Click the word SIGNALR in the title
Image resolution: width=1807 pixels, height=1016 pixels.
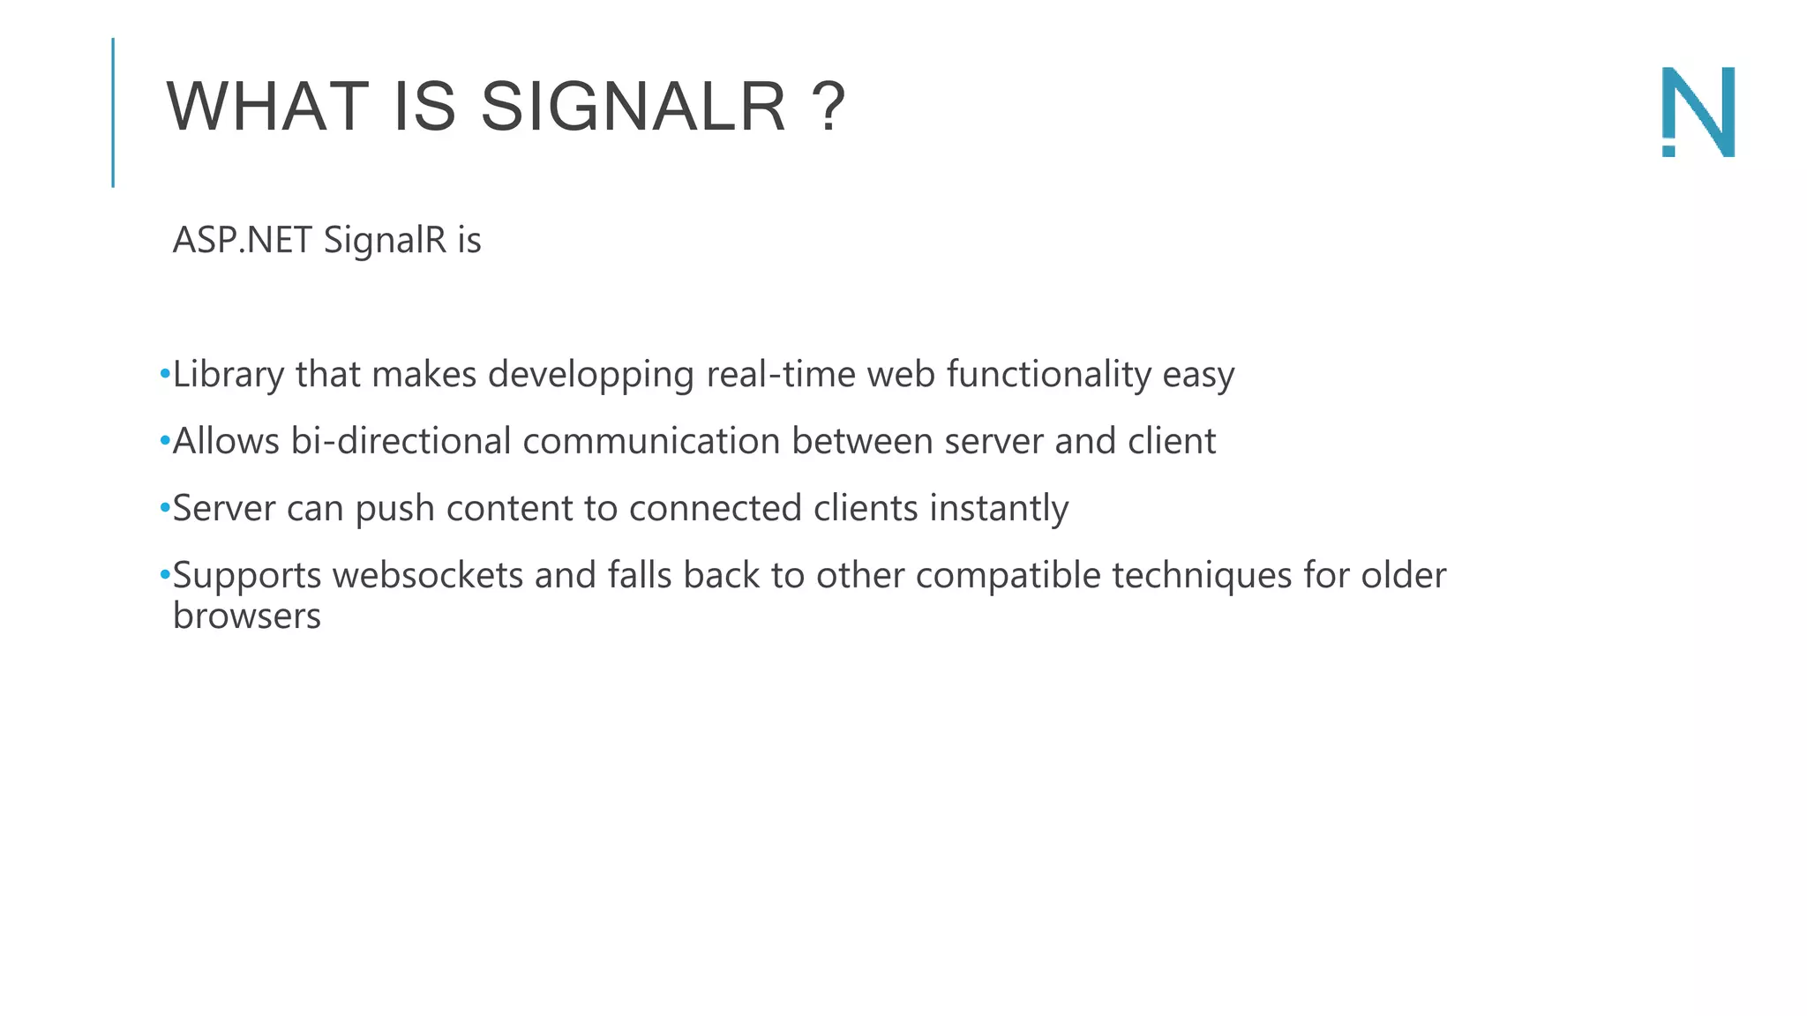click(633, 108)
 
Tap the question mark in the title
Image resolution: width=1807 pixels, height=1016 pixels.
click(829, 108)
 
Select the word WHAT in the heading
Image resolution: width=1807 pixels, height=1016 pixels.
click(267, 108)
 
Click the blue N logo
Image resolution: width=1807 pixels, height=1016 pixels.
click(1698, 112)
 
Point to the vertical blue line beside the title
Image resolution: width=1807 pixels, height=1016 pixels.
click(113, 112)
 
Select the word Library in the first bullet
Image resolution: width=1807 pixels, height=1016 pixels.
click(228, 375)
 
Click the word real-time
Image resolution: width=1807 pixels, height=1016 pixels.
click(781, 375)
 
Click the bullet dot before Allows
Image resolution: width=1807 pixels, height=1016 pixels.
click(165, 441)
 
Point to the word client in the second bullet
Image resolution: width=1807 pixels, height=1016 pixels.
click(1172, 441)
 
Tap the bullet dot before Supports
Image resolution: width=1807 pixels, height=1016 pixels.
click(165, 575)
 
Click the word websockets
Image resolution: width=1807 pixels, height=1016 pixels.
click(428, 575)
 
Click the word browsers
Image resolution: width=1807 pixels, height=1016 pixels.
click(247, 616)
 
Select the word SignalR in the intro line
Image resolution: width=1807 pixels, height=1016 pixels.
click(385, 241)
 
